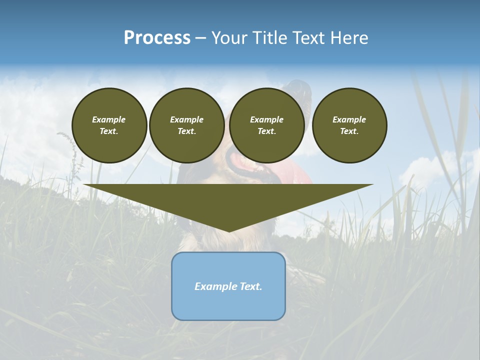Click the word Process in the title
tap(157, 37)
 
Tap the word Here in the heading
tap(348, 37)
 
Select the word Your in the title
tap(231, 37)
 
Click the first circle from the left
tap(109, 125)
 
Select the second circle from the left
tap(186, 125)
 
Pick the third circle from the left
tap(266, 125)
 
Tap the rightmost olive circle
tap(349, 125)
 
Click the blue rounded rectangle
tap(228, 305)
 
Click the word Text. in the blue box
tap(250, 286)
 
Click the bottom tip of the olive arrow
tap(229, 231)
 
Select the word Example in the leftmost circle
tap(109, 119)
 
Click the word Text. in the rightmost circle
tap(349, 131)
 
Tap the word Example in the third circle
tap(266, 119)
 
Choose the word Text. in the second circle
tap(186, 131)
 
